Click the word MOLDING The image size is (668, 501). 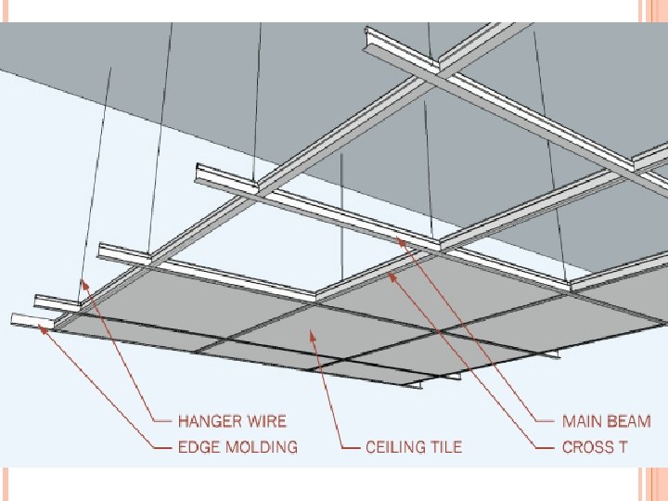(x=263, y=447)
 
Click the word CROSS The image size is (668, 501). (x=588, y=447)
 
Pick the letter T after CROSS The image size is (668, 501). (x=623, y=447)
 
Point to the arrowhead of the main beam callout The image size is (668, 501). (x=401, y=241)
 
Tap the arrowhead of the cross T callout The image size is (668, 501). (x=392, y=274)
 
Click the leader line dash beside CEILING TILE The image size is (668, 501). (x=351, y=447)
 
